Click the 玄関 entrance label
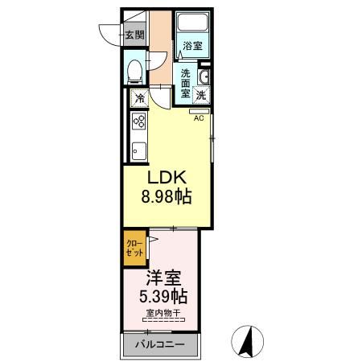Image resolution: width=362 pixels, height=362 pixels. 134,35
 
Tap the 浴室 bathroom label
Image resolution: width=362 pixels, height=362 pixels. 191,45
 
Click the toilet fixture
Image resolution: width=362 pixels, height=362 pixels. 135,72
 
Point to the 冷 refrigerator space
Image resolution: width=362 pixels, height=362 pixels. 139,99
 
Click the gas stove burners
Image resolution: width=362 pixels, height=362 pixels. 138,122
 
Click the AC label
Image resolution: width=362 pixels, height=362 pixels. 198,117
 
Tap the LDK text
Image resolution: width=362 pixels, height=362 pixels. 167,179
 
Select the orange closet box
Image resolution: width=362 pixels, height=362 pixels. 135,249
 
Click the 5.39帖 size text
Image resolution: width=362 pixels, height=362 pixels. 163,296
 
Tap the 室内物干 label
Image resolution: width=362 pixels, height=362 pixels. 162,313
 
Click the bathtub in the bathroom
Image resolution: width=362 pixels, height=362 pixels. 191,24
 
